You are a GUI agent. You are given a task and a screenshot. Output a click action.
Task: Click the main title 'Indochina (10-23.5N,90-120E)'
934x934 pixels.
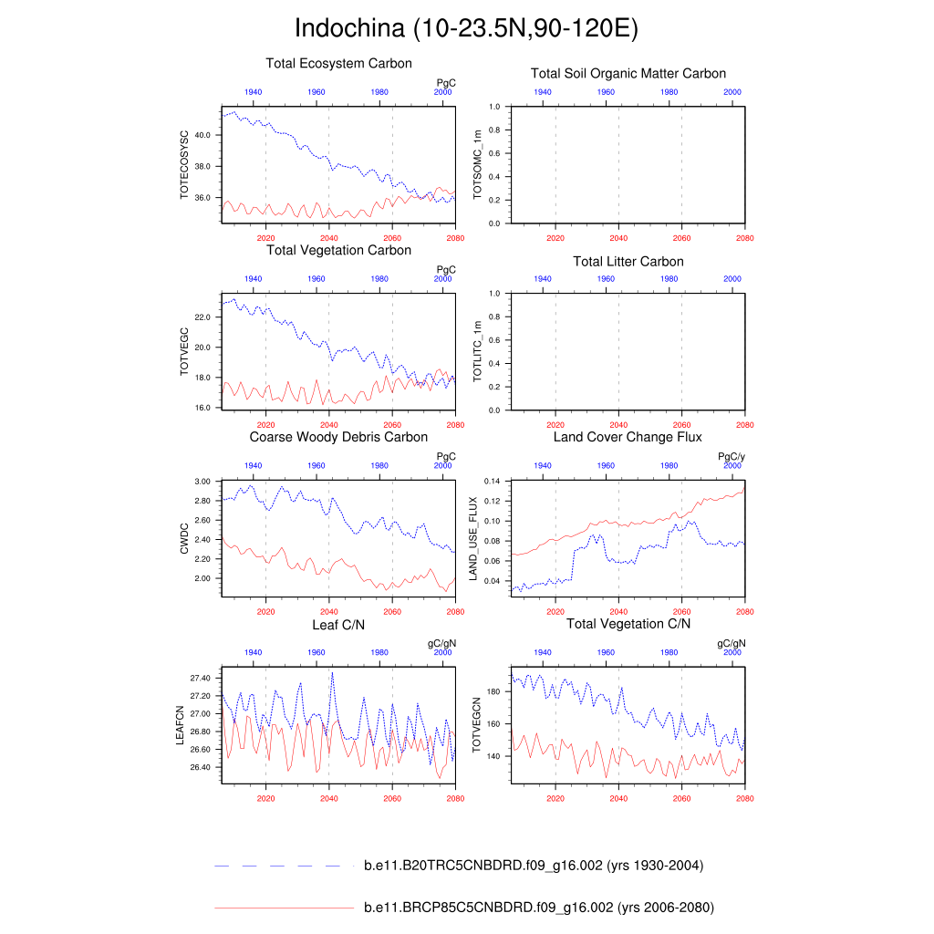click(466, 28)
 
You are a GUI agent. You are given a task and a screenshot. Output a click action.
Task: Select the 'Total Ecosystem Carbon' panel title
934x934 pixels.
click(338, 64)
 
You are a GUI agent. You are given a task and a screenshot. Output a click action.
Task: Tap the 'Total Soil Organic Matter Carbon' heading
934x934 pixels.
click(628, 74)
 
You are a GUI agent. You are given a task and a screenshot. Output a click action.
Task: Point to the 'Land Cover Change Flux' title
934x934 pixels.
click(628, 438)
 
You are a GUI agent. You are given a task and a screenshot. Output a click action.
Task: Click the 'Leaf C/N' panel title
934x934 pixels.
click(338, 624)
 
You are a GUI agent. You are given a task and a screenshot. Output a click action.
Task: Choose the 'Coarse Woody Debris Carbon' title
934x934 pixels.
click(338, 438)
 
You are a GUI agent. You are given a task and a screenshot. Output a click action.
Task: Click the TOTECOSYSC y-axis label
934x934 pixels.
click(184, 165)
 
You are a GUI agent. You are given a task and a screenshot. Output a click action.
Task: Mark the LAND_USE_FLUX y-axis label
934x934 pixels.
click(473, 538)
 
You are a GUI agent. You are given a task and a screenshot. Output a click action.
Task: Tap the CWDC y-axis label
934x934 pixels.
click(184, 539)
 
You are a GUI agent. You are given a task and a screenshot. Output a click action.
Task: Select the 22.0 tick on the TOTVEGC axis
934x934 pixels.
click(202, 317)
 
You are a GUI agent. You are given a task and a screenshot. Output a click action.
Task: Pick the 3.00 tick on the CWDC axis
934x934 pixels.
click(203, 481)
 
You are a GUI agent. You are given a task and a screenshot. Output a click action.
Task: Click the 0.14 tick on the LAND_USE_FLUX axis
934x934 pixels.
click(493, 481)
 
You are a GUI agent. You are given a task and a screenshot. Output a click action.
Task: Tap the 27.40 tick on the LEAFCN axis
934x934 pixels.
click(201, 680)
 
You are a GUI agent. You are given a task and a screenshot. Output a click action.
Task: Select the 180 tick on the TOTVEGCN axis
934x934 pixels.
click(494, 692)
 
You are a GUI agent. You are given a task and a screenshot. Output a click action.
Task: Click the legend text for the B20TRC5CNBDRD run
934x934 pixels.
click(533, 866)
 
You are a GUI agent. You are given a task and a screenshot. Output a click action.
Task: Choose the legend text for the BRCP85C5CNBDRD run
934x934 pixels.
click(538, 908)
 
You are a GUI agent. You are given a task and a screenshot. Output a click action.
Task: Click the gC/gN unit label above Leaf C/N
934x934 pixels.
click(442, 643)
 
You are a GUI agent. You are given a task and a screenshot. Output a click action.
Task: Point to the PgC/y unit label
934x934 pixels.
click(732, 456)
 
